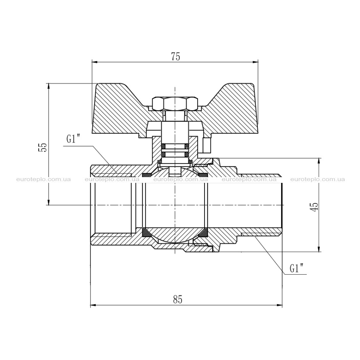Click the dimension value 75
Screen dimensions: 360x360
[x=176, y=57]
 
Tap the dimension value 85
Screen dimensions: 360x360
[x=178, y=300]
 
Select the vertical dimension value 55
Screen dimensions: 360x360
[x=44, y=147]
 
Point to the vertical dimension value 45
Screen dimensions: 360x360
[x=315, y=206]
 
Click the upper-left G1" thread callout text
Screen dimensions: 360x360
[x=73, y=139]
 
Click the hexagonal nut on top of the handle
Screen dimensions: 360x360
[x=175, y=103]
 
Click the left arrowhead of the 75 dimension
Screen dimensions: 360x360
[x=94, y=62]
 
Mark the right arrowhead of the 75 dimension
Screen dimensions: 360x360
[x=255, y=62]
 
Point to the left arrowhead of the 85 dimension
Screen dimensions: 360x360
[x=93, y=305]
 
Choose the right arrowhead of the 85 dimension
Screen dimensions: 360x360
[x=279, y=305]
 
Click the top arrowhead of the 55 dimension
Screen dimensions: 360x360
[x=49, y=86]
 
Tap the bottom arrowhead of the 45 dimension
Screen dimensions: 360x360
[x=319, y=249]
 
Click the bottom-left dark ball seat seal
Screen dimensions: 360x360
[x=146, y=233]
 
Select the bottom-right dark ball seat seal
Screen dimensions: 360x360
[x=203, y=233]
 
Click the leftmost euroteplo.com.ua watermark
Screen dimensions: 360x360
[x=44, y=179]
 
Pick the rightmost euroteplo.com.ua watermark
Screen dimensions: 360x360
[x=318, y=179]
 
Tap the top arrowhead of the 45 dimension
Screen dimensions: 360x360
[x=319, y=161]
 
